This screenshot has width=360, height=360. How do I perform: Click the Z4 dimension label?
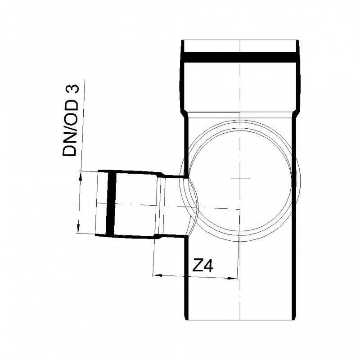[x=202, y=266]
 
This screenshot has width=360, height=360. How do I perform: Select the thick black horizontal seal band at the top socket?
[x=240, y=58]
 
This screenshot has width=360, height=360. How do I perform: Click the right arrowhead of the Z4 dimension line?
[x=234, y=279]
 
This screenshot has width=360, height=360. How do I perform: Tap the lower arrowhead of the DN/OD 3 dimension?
[x=78, y=229]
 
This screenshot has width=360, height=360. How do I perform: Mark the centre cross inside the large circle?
[x=240, y=179]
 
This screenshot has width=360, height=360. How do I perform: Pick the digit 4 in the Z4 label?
[x=207, y=266]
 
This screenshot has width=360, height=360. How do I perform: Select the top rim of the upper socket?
[x=240, y=41]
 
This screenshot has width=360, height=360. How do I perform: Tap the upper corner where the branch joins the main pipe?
[x=185, y=177]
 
